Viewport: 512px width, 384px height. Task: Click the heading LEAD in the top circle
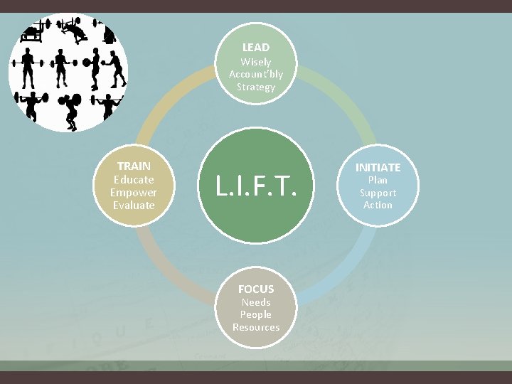[256, 48]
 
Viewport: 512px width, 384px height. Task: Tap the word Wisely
[256, 62]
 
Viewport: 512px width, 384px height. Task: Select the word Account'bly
[256, 74]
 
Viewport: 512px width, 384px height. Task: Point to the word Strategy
[256, 87]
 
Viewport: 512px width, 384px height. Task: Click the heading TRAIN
[134, 166]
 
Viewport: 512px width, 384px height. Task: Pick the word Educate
[134, 179]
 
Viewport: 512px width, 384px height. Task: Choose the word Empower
[134, 192]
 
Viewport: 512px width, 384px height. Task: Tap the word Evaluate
[134, 205]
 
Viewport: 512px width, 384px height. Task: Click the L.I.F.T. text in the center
[255, 186]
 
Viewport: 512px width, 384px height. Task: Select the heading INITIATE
[378, 167]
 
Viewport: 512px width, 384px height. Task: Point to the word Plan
[378, 180]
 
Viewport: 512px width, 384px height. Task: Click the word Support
[378, 193]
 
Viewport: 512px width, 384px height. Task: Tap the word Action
[378, 205]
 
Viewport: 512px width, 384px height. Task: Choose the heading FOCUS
[256, 289]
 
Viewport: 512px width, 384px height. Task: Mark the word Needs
[256, 302]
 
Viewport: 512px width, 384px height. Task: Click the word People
[256, 314]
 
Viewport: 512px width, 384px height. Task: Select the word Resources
[256, 327]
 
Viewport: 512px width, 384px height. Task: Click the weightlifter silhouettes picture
[68, 72]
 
